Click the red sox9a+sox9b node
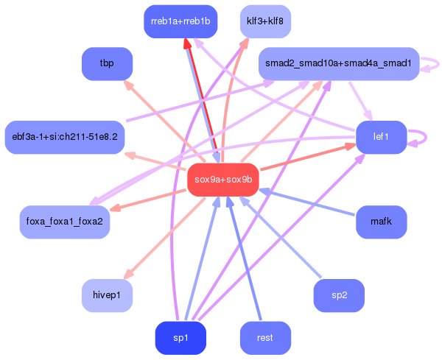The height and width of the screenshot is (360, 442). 222,180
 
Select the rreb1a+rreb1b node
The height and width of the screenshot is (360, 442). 180,21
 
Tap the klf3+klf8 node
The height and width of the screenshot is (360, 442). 265,21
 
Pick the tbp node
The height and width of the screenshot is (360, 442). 107,64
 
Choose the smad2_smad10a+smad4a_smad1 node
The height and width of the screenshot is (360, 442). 339,64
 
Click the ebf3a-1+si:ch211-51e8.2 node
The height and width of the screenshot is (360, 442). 64,137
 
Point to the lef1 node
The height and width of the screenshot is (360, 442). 381,137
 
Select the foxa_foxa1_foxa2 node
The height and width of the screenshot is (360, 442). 64,222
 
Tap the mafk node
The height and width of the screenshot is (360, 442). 381,222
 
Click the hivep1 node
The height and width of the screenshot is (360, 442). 107,295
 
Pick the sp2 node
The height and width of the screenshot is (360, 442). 339,295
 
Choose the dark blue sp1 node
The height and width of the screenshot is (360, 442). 180,338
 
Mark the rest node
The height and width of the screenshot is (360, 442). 265,338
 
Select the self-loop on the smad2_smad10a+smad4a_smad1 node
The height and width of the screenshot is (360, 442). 435,65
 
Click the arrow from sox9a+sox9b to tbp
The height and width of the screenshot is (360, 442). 162,121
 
